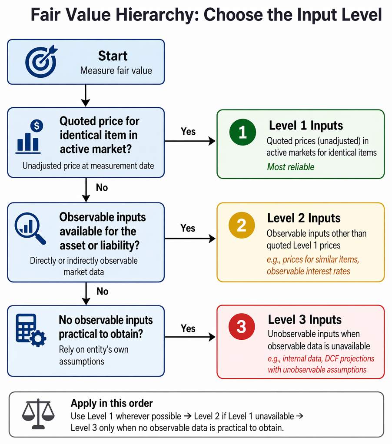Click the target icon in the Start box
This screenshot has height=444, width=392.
[41, 61]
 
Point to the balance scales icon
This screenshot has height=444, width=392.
[38, 414]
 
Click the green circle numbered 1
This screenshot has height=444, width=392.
[243, 132]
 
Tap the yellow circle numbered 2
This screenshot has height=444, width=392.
[242, 225]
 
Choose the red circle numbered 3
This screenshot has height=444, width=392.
[242, 327]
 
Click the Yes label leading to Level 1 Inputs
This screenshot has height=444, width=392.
[188, 131]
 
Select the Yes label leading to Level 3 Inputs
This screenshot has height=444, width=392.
[188, 328]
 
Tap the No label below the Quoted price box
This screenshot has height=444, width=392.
[102, 187]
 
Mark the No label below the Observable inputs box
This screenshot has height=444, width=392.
[103, 292]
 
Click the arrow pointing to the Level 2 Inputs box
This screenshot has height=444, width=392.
[190, 239]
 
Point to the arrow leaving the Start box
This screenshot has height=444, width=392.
[86, 96]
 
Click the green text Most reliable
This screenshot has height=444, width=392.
[291, 167]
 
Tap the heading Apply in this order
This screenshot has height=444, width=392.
[112, 403]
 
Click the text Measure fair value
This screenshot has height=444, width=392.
[116, 70]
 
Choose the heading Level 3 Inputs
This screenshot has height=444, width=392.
[305, 320]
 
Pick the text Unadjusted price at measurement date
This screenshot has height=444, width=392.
[88, 166]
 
